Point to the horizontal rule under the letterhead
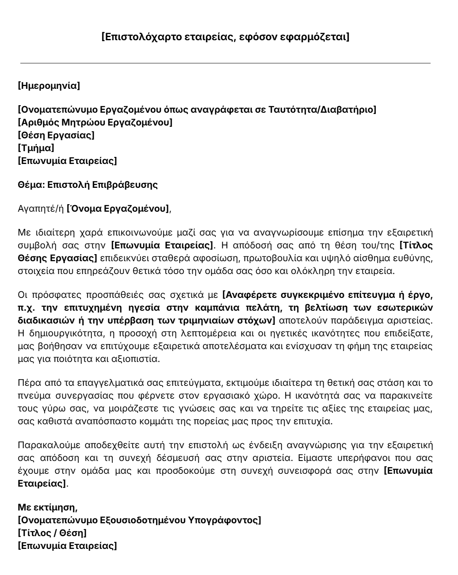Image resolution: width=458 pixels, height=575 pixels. (225, 63)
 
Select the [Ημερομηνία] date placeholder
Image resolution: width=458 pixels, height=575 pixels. (49, 86)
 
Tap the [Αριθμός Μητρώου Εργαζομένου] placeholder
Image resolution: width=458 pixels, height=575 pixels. (95, 122)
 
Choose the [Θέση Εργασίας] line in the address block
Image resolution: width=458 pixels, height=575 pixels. (56, 135)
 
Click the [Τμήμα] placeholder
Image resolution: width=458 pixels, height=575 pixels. (36, 148)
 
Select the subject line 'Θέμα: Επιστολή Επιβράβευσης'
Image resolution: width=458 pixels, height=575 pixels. (88, 185)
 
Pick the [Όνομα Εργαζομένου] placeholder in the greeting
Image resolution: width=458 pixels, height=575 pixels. (118, 209)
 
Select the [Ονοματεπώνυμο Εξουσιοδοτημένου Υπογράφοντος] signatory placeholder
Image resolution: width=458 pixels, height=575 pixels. (139, 520)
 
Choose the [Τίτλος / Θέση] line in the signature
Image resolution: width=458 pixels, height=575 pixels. (52, 533)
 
